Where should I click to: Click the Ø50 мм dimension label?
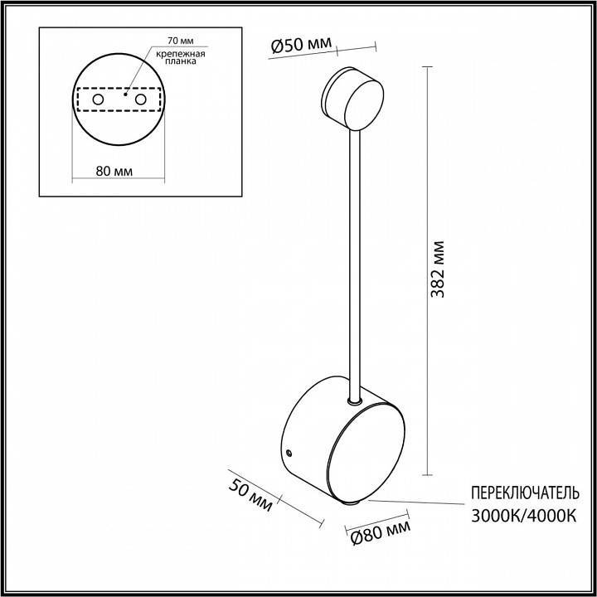[302, 45]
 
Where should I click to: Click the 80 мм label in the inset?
[114, 172]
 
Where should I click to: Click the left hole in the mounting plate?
[98, 99]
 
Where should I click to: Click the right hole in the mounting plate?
[140, 99]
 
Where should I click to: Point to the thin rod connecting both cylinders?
[356, 265]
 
